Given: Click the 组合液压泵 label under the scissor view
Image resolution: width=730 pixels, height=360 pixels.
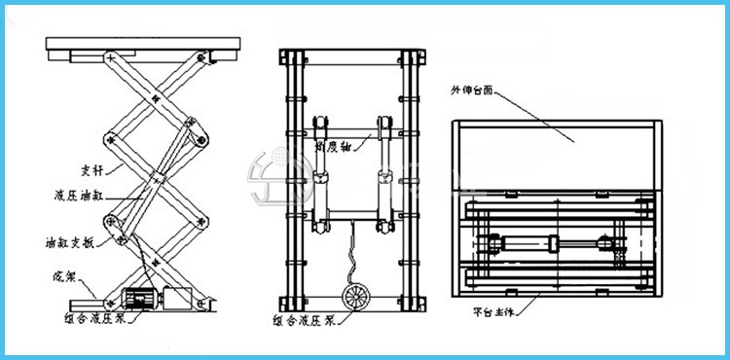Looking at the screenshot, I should [104, 318].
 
